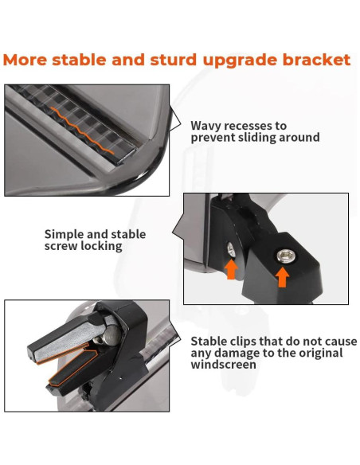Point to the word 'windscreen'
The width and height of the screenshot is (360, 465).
tap(224, 365)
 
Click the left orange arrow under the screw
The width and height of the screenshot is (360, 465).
tap(231, 268)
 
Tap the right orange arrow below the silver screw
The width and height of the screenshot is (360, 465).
tap(281, 276)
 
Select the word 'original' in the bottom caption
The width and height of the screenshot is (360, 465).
tap(319, 353)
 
